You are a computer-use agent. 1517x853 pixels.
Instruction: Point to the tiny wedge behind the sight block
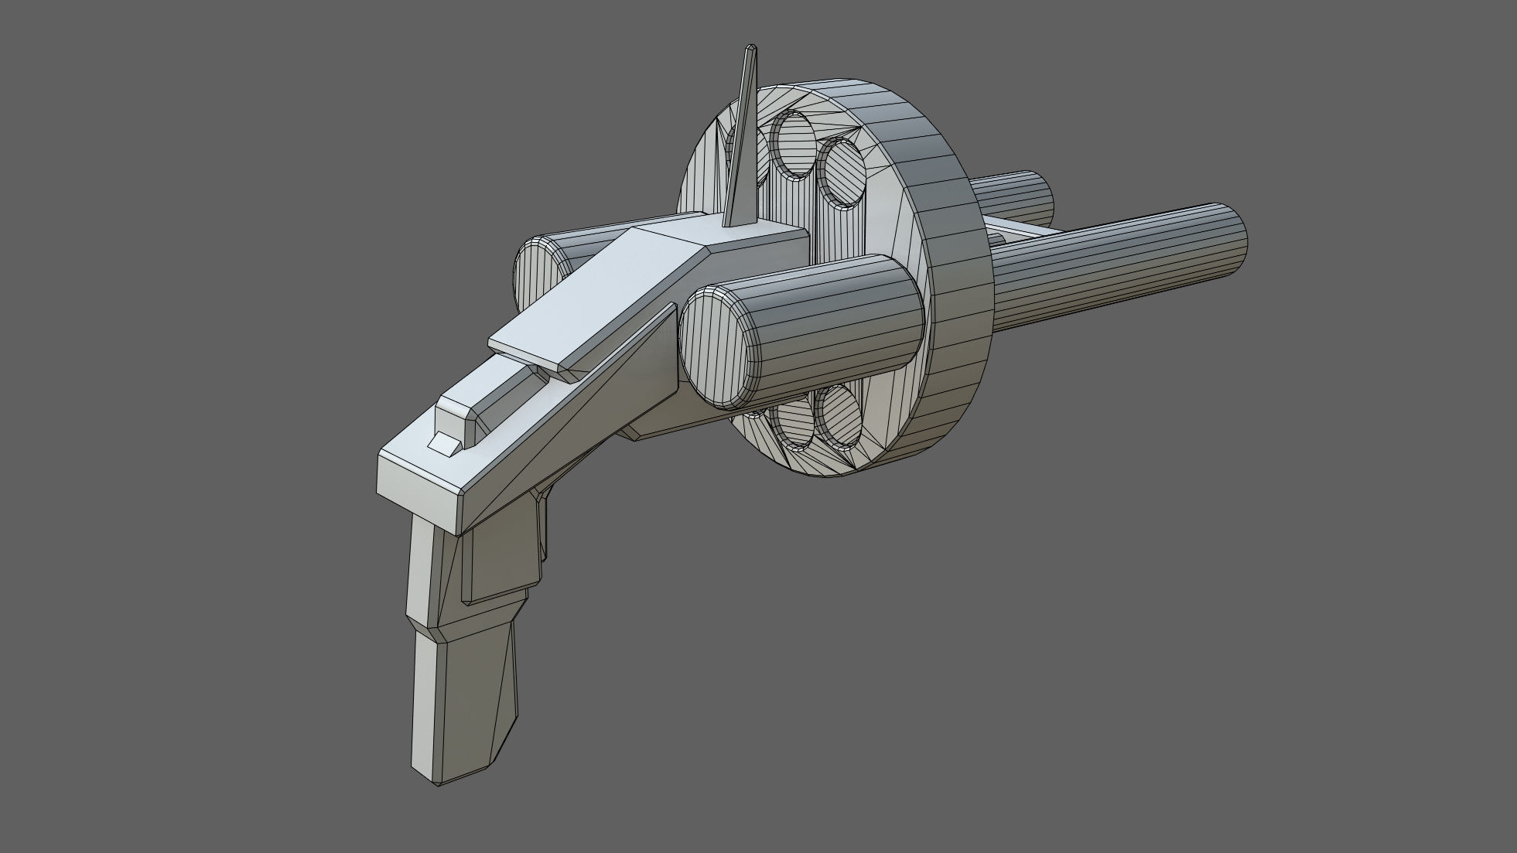(x=442, y=444)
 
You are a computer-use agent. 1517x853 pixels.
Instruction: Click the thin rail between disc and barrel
(x=1013, y=229)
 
